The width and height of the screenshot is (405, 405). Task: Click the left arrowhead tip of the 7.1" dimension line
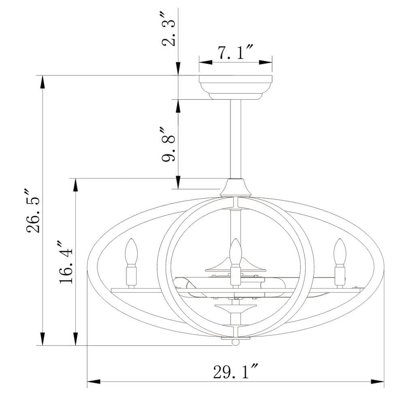pyautogui.click(x=199, y=62)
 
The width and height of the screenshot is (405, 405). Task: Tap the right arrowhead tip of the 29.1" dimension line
pyautogui.click(x=384, y=382)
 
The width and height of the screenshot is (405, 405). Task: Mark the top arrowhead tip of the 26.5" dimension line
pyautogui.click(x=43, y=76)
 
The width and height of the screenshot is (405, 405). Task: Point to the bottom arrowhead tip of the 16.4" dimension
pyautogui.click(x=75, y=345)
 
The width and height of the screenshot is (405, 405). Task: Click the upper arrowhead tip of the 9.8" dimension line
pyautogui.click(x=178, y=100)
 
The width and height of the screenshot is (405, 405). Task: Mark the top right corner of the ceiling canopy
pyautogui.click(x=272, y=76)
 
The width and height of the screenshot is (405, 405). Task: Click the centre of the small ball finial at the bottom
pyautogui.click(x=235, y=343)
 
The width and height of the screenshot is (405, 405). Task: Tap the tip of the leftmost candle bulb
pyautogui.click(x=131, y=239)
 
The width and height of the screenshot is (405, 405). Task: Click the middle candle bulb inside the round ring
pyautogui.click(x=235, y=252)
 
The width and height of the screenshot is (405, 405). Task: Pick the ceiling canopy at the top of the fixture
pyautogui.click(x=236, y=87)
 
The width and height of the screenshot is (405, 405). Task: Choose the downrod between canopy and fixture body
pyautogui.click(x=236, y=139)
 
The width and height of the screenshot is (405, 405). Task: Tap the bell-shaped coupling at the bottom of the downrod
pyautogui.click(x=235, y=188)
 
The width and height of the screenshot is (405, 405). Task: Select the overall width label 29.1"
pyautogui.click(x=236, y=371)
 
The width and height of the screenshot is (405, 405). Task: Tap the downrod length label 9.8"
pyautogui.click(x=168, y=144)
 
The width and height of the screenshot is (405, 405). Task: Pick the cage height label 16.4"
pyautogui.click(x=66, y=262)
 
